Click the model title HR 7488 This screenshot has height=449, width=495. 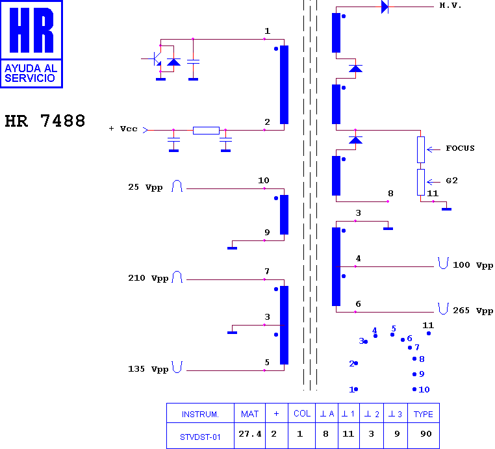point(45,122)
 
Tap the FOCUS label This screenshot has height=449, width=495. point(460,148)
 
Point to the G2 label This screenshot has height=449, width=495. point(451,181)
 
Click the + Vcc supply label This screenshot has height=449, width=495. point(123,129)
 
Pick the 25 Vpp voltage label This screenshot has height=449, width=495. point(146,187)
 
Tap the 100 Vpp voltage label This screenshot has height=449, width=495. point(473,265)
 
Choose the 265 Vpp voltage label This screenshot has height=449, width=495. point(473,311)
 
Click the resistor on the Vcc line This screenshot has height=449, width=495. point(206,130)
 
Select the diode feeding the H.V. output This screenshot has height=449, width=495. point(385,7)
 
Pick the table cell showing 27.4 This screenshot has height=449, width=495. point(250,435)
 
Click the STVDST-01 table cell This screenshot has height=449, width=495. point(200,437)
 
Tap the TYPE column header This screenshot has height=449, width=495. point(424,414)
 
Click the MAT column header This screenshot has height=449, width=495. point(250,414)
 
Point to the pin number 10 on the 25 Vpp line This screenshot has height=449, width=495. point(263,181)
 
